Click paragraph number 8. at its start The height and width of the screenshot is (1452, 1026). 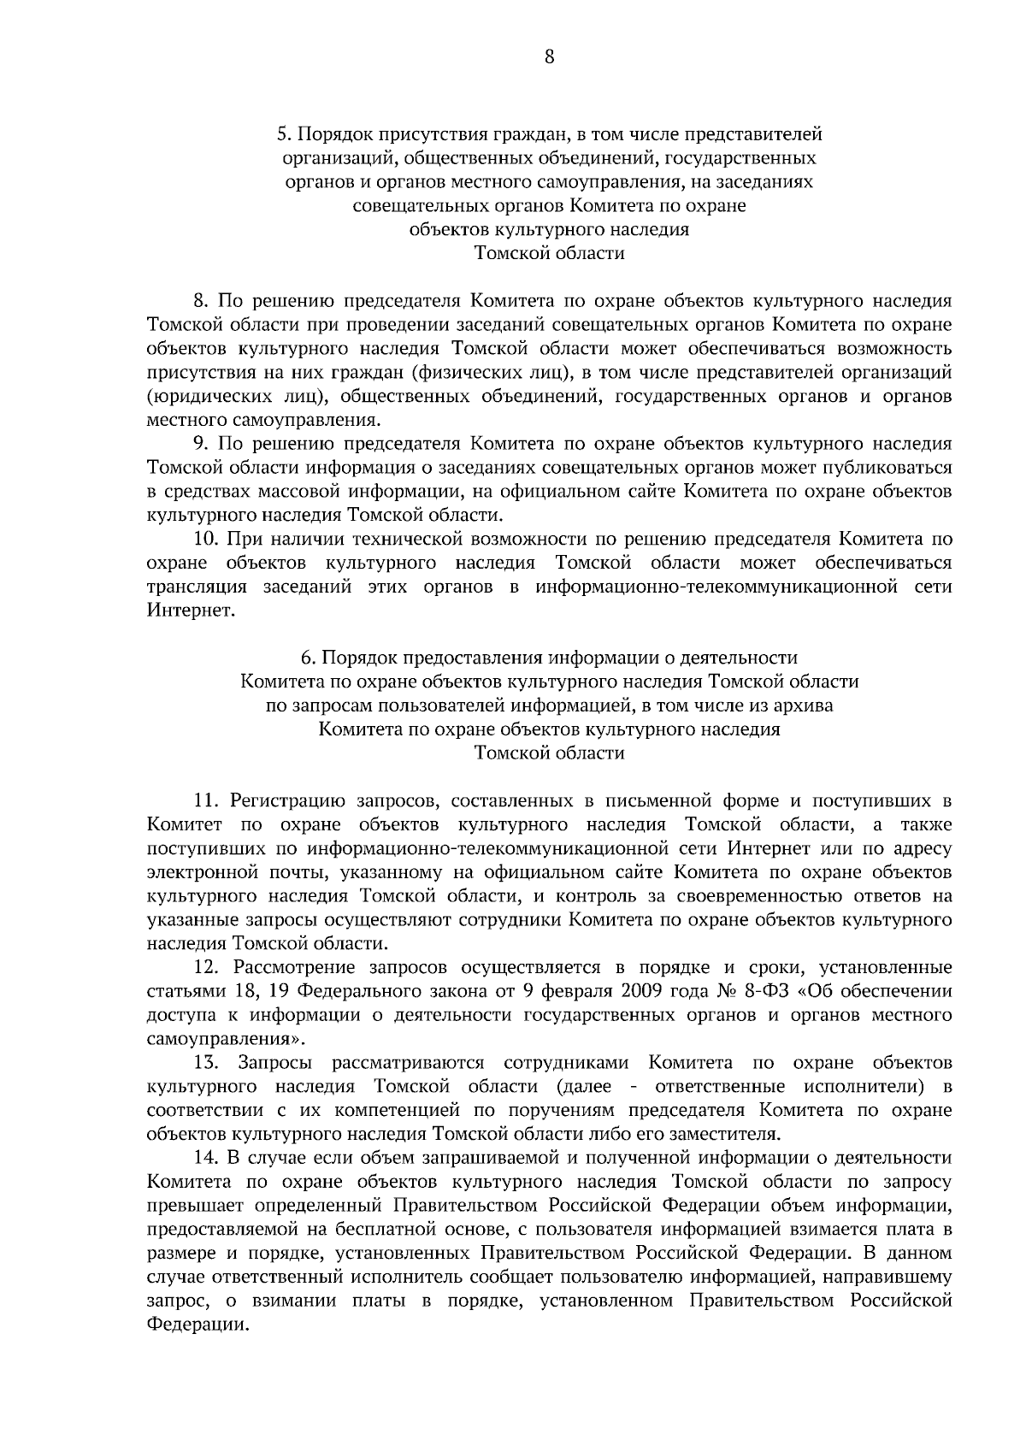click(201, 301)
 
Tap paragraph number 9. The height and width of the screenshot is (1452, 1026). click(201, 444)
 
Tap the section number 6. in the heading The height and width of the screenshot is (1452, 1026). click(307, 658)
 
